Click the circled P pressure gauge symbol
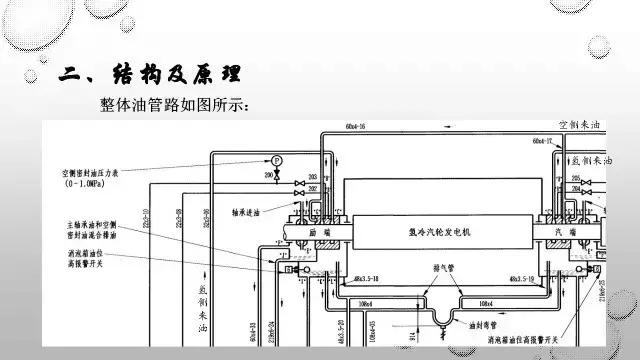277,159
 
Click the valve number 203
312,176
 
